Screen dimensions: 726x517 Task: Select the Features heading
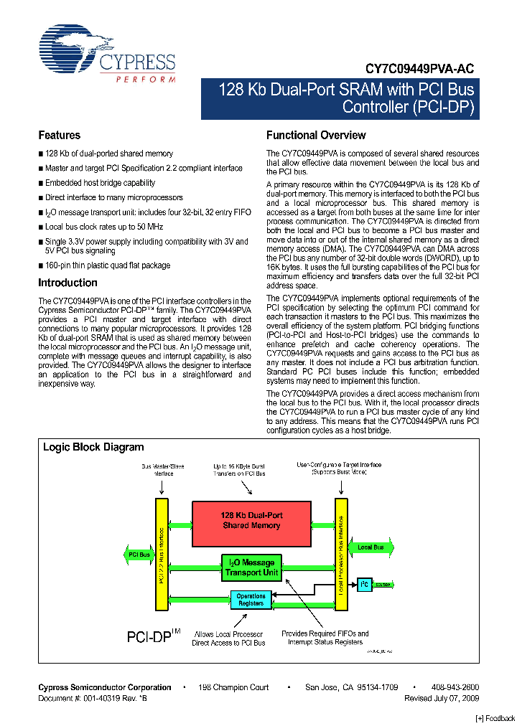59,135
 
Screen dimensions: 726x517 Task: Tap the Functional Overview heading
316,135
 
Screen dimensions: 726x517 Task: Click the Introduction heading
67,283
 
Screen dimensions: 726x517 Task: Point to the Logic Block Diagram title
93,447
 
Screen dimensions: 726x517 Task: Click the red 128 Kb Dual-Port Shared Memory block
251,521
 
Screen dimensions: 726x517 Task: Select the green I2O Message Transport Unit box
251,567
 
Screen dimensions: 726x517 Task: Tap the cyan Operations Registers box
251,600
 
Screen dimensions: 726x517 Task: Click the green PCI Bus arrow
138,555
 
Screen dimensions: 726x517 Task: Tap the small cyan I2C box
364,584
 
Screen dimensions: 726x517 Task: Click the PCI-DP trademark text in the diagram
150,636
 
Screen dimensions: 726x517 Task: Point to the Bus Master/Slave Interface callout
162,470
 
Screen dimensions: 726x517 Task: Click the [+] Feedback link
495,718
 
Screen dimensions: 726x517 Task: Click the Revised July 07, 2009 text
442,698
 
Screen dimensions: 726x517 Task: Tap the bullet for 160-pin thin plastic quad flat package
41,265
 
